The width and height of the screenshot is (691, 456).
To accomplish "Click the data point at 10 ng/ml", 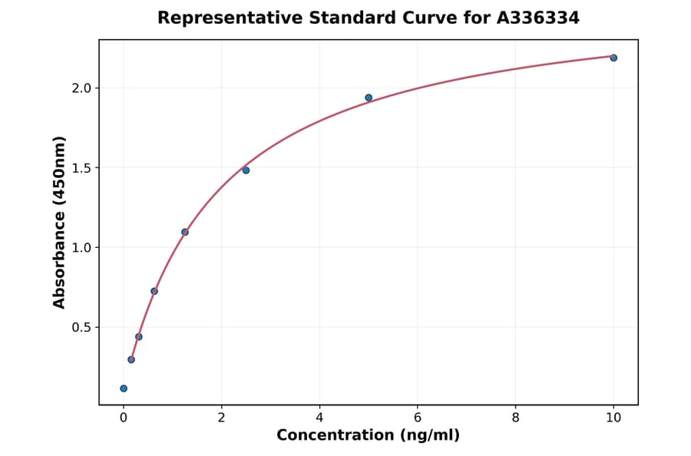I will click(x=613, y=58).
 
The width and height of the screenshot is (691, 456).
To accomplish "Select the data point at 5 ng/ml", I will click(x=369, y=97).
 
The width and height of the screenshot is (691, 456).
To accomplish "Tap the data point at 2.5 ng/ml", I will click(x=246, y=170).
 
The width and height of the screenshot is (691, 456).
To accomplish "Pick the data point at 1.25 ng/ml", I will click(x=185, y=232).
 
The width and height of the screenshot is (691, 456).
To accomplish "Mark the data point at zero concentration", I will click(x=124, y=388).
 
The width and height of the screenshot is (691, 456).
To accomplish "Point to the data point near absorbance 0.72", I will click(x=154, y=291).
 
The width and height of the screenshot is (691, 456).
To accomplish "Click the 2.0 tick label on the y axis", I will click(x=81, y=88).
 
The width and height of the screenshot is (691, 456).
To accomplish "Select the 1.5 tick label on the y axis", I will click(x=81, y=168).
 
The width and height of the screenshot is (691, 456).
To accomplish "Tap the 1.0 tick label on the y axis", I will click(x=81, y=248).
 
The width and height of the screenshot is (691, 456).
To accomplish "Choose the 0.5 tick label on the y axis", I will click(x=81, y=328).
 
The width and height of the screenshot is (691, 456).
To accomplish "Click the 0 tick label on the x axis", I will click(x=124, y=418).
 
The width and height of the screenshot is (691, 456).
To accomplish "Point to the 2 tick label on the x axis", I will click(x=221, y=418).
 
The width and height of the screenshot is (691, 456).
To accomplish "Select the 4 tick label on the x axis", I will click(x=319, y=418).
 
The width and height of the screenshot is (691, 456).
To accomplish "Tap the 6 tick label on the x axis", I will click(x=417, y=418).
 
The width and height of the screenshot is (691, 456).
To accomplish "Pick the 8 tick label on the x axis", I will click(x=515, y=418).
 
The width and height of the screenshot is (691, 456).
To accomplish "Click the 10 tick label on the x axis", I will click(x=613, y=418).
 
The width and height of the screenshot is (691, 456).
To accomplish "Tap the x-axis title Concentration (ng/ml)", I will click(x=368, y=435).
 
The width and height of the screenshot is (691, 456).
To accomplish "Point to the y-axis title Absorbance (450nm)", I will click(x=60, y=222).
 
